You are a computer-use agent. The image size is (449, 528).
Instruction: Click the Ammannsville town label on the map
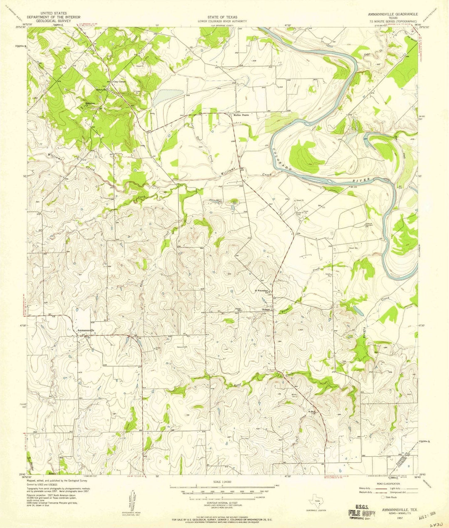[89, 330]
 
